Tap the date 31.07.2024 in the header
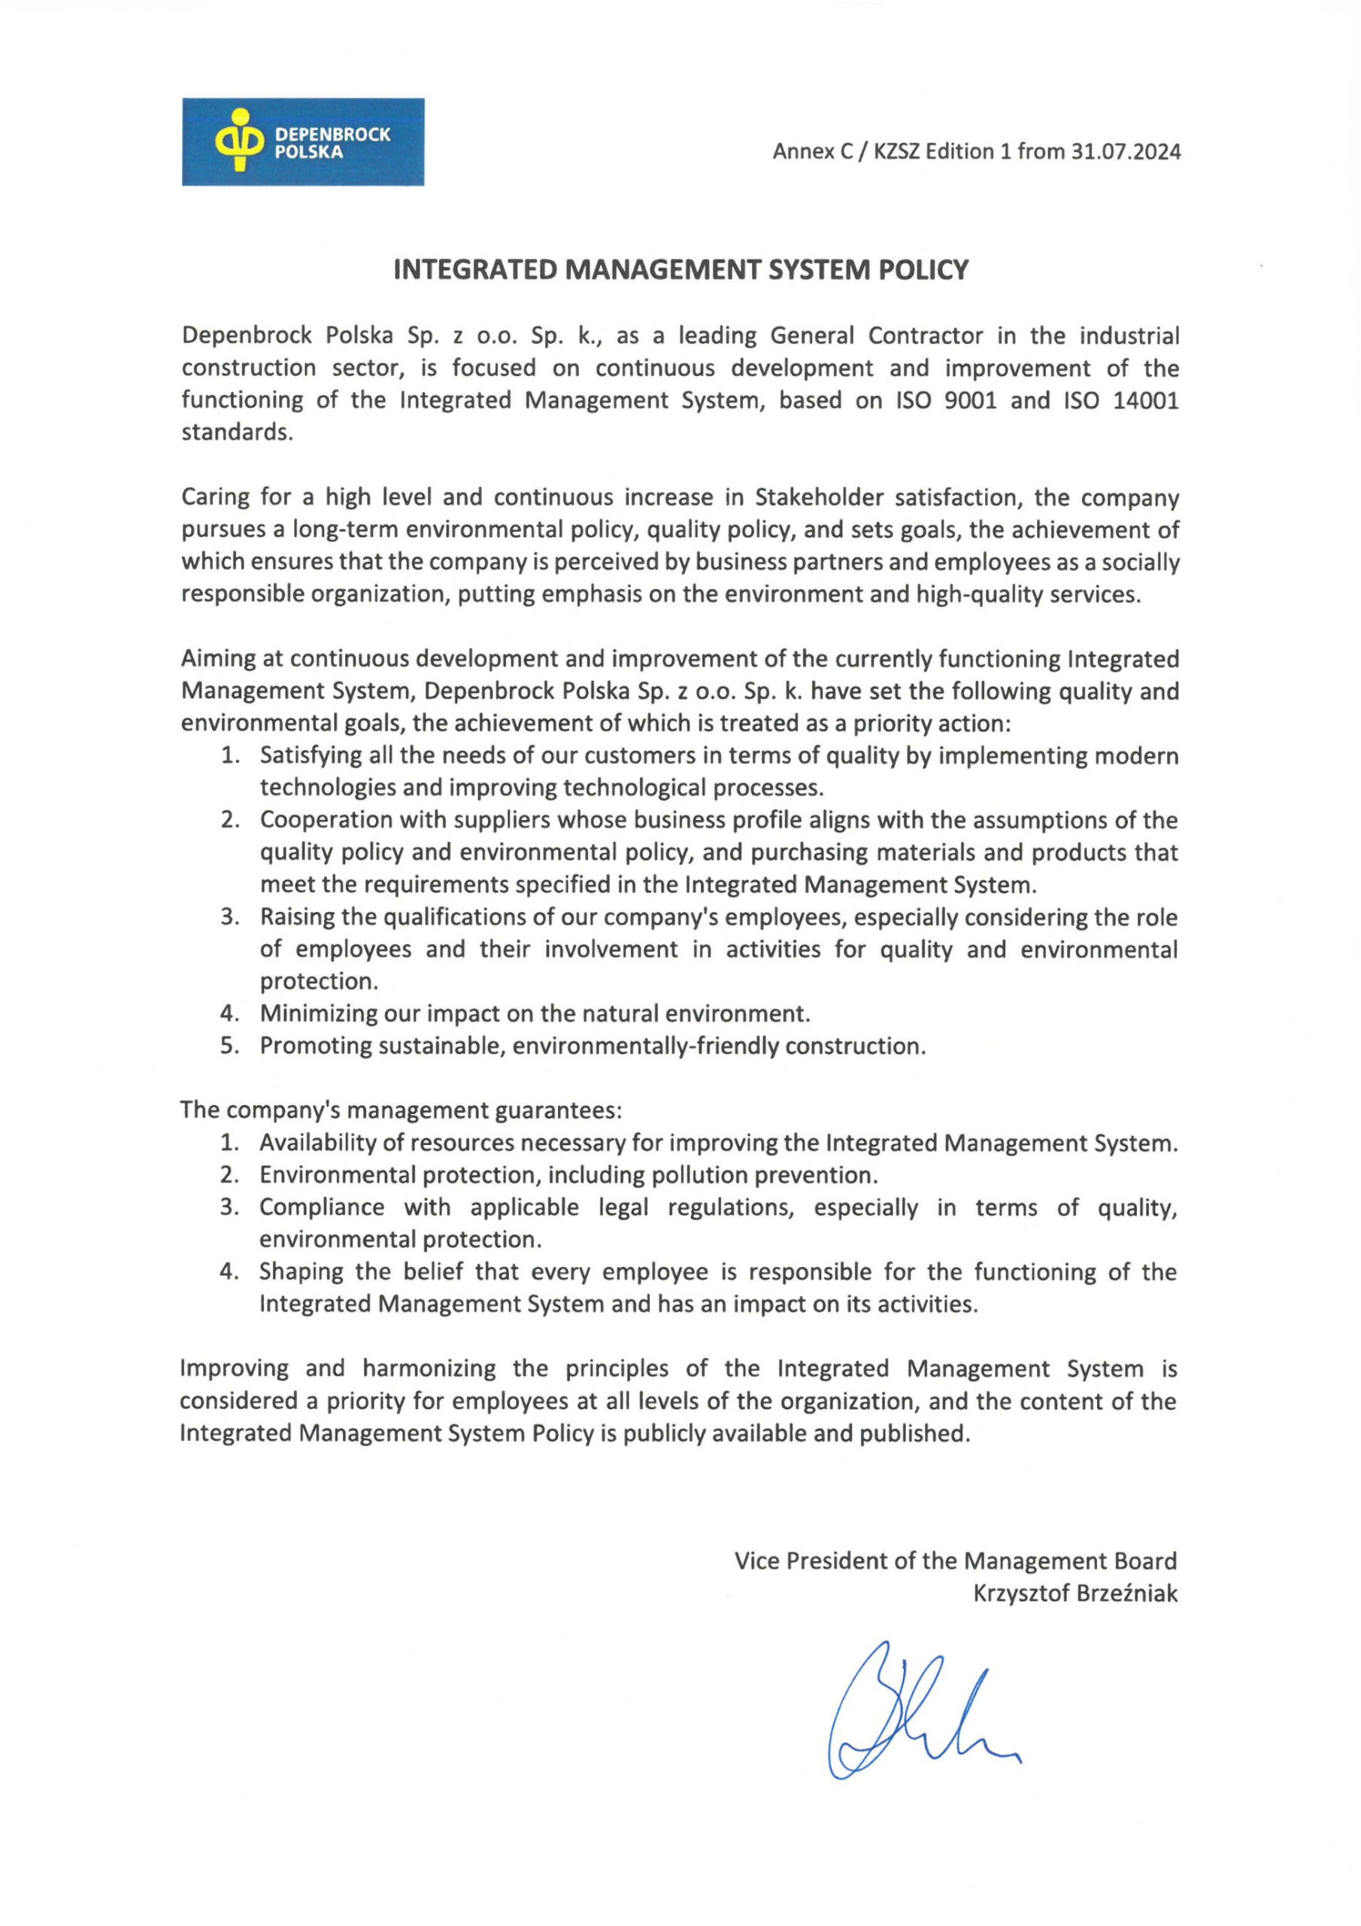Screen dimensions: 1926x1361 click(1126, 152)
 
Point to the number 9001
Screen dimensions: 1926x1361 click(970, 400)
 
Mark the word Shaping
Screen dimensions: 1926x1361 click(301, 1271)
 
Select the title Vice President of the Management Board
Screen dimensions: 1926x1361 click(955, 1561)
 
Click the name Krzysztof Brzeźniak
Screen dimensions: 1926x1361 click(1075, 1593)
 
